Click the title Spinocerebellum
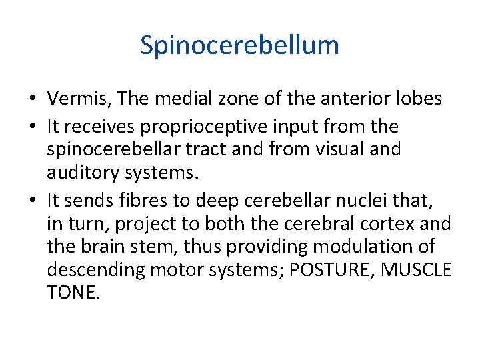(x=239, y=45)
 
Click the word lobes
(x=417, y=99)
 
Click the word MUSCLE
(x=421, y=270)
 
